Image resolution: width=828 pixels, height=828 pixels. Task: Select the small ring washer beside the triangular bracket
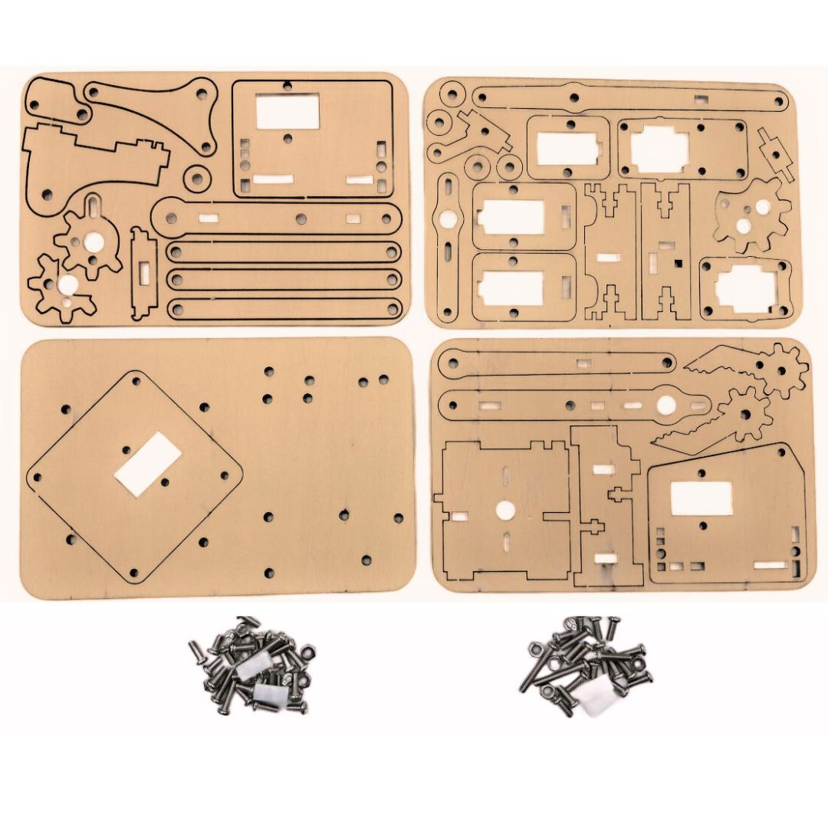point(198,179)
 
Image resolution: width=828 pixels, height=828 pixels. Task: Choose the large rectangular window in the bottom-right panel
point(701,498)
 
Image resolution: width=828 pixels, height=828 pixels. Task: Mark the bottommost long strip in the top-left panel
point(284,308)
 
